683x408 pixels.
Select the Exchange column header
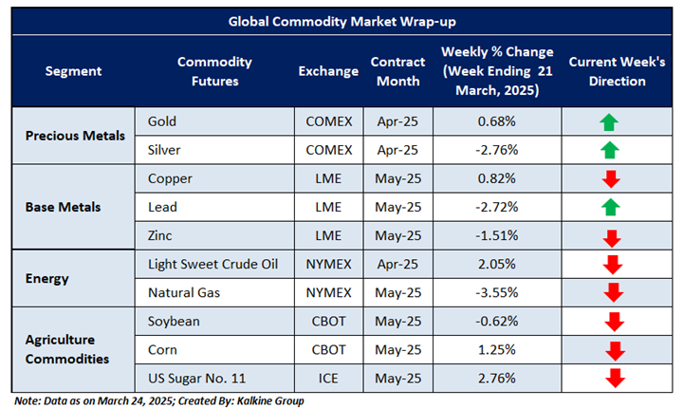pos(328,71)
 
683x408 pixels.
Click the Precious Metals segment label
pos(75,136)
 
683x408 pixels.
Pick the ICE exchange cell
pos(328,378)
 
